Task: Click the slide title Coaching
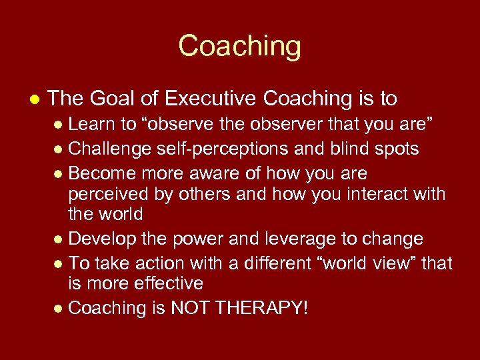[x=239, y=46]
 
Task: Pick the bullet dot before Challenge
[x=61, y=149]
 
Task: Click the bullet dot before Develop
[x=61, y=239]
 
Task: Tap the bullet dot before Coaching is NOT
[x=61, y=309]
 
